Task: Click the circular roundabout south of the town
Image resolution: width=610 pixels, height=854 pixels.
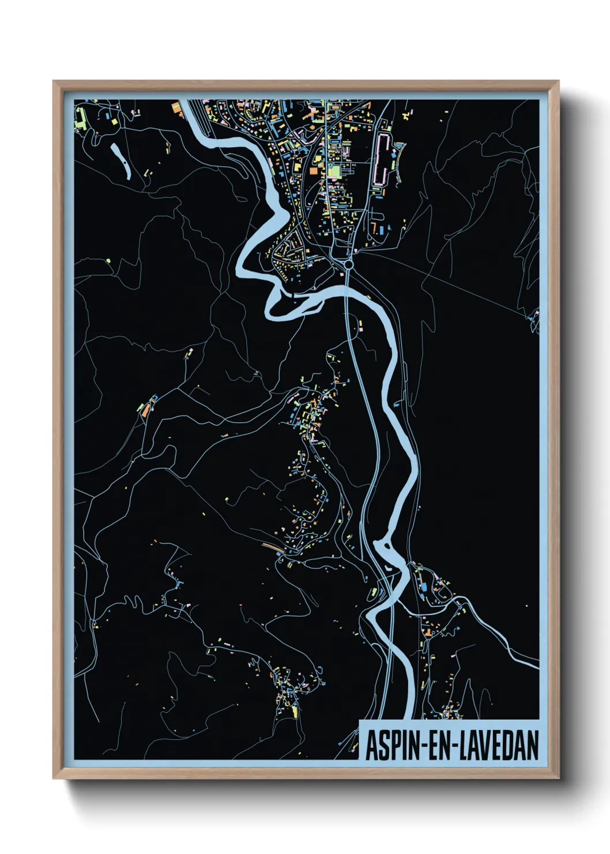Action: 348,264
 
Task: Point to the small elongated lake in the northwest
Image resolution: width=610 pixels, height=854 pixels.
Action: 120,159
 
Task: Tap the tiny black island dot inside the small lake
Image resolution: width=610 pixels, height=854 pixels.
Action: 123,166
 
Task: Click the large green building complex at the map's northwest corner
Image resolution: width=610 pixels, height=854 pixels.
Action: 81,119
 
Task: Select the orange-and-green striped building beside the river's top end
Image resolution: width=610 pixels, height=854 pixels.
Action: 176,106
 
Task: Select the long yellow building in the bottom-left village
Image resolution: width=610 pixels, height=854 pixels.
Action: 295,711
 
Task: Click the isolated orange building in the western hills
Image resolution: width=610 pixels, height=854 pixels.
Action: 146,409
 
